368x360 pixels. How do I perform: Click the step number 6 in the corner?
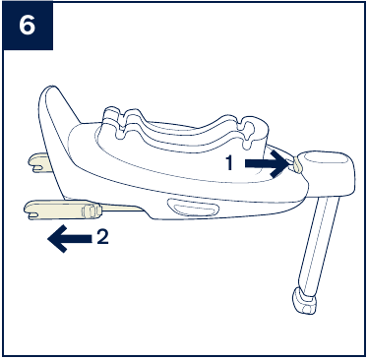(27, 26)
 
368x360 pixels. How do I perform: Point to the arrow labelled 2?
(70, 239)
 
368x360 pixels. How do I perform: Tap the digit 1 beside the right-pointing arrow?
(229, 163)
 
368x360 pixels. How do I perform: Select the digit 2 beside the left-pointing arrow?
(102, 236)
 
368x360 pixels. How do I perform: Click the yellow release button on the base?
(297, 164)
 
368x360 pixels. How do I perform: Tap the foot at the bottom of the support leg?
(304, 301)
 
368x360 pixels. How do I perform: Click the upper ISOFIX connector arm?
(40, 162)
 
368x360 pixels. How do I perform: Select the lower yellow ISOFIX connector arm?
(62, 210)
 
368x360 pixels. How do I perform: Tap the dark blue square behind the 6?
(28, 26)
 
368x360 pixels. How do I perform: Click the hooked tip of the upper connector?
(33, 163)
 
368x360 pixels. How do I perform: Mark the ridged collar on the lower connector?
(91, 210)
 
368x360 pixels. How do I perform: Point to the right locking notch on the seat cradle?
(250, 132)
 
